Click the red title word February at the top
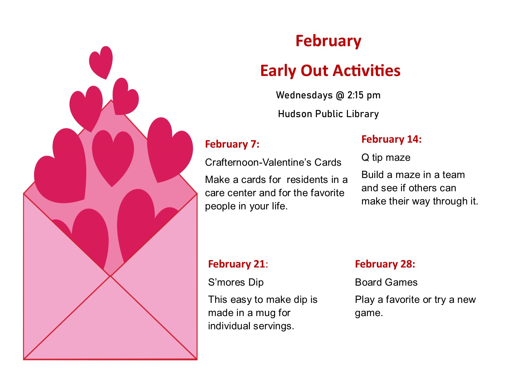point(328,42)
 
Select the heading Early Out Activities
point(330,71)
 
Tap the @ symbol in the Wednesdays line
point(340,96)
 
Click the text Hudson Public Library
point(328,114)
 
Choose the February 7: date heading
point(232,144)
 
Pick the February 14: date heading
point(391,139)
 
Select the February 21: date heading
point(238,264)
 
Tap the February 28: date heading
point(385,264)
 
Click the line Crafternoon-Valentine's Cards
point(273,163)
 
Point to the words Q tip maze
point(386,158)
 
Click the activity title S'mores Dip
point(236,283)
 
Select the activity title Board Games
point(386,283)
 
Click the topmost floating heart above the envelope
point(101,63)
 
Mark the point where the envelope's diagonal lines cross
point(110,276)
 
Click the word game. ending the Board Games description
point(369,313)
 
